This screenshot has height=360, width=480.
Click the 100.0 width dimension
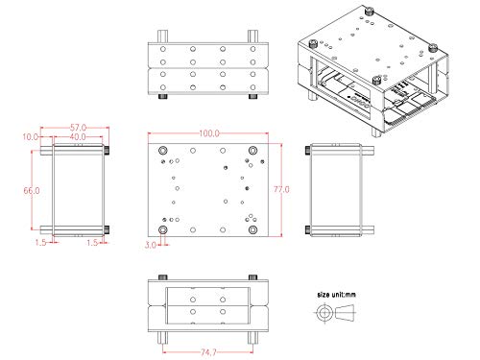coord(209,132)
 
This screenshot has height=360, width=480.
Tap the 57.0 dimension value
coord(78,127)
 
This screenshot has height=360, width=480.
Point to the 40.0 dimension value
coord(78,137)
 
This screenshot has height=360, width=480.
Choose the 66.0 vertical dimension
coord(32,191)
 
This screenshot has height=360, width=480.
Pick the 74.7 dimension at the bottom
coord(208,352)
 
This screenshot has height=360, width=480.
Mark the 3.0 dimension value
coord(151,246)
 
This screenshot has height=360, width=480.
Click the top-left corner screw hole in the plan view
coord(162,149)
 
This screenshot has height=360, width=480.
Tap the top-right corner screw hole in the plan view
coord(252,149)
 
